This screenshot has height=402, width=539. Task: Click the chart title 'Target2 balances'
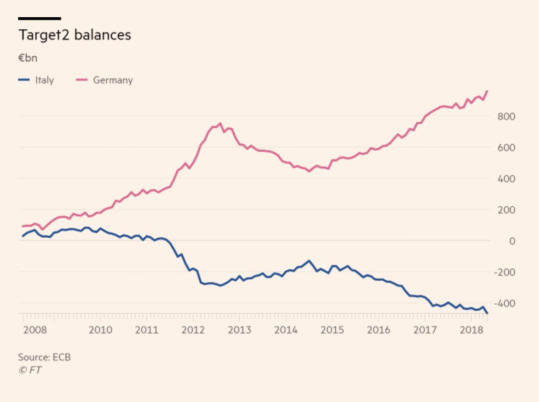pos(74,35)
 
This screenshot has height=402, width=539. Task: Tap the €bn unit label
pos(28,59)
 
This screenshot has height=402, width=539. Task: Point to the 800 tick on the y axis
pos(506,116)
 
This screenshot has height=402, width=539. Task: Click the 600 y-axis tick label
pos(506,148)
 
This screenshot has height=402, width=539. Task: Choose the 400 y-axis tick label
pos(506,179)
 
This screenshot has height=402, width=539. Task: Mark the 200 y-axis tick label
pos(506,210)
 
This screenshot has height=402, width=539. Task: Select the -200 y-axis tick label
pos(505,272)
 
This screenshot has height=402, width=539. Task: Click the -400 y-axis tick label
pos(505,303)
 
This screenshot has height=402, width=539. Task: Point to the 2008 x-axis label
pos(35,330)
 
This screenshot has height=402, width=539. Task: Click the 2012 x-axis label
pos(193,330)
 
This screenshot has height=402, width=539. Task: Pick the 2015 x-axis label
pos(332,330)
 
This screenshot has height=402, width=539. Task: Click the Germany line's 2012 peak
pos(220,123)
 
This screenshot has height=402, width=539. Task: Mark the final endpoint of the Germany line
pos(487,91)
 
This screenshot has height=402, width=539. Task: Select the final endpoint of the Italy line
pos(487,313)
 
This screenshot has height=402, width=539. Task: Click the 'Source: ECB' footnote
pos(44,357)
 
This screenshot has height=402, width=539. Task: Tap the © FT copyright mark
pos(30,370)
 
